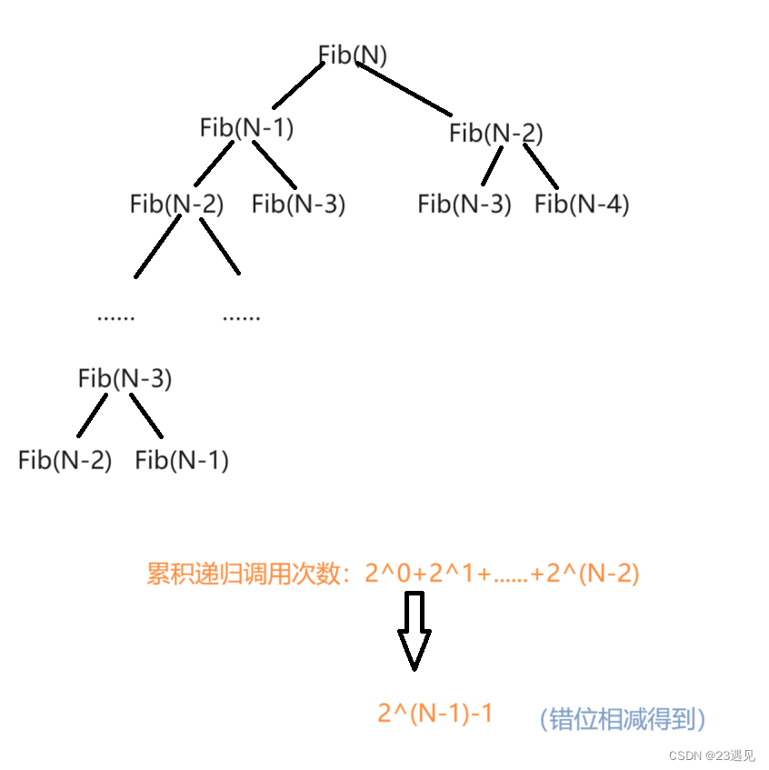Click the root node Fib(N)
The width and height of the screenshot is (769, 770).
353,55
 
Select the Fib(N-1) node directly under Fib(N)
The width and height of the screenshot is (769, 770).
247,128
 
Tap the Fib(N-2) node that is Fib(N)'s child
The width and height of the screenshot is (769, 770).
496,135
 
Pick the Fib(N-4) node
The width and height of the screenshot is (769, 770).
582,205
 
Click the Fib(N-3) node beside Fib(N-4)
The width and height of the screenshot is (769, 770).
464,205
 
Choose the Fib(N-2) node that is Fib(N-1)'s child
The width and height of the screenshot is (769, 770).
176,205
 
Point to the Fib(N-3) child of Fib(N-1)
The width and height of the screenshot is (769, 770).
299,205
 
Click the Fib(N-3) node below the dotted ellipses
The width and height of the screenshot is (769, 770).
125,378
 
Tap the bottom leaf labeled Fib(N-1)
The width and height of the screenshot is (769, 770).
182,461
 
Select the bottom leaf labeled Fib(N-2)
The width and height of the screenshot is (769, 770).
65,461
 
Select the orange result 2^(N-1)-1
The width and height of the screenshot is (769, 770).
435,714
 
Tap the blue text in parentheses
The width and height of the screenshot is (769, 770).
623,720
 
